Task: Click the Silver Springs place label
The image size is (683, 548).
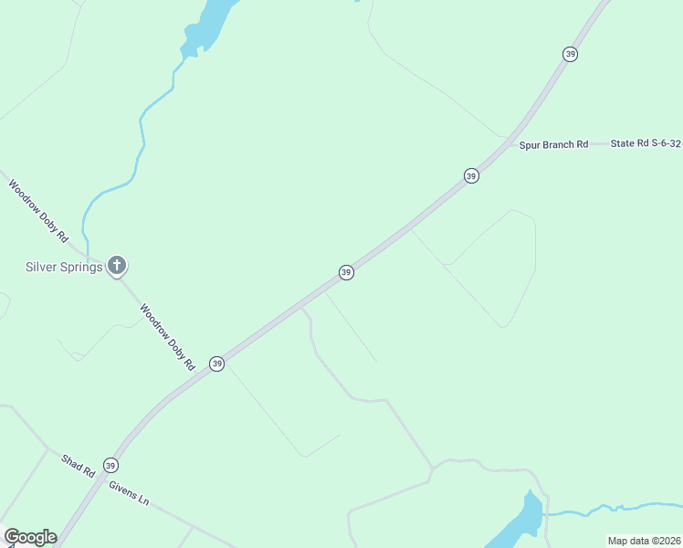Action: [x=63, y=267]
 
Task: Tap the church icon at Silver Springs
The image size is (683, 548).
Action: [x=116, y=266]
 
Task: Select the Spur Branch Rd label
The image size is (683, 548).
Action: [x=553, y=144]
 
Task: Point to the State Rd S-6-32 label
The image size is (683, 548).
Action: [x=646, y=143]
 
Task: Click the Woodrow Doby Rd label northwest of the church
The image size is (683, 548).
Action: [x=38, y=211]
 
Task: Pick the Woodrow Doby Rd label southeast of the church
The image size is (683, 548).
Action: [x=168, y=337]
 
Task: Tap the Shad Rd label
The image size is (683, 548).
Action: [x=79, y=466]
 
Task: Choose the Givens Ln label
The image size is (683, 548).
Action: [x=129, y=492]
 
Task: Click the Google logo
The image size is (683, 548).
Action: [x=30, y=537]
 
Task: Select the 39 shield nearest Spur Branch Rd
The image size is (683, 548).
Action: [x=471, y=175]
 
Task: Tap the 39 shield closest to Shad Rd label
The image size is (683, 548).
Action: [x=110, y=464]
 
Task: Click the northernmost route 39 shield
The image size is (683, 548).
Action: [x=571, y=54]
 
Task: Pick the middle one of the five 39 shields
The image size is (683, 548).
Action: [x=346, y=272]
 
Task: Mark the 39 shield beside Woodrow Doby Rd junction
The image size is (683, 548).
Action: [x=216, y=364]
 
